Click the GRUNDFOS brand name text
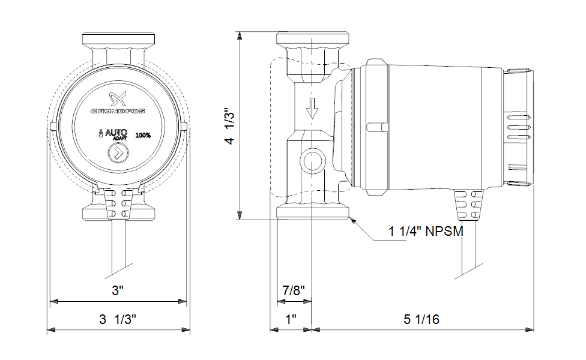(118, 110)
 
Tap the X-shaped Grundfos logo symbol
(118, 99)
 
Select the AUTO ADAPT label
(116, 133)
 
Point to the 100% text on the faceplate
(143, 135)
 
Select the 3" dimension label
(118, 291)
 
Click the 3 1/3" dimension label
(118, 319)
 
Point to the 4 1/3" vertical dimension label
(229, 126)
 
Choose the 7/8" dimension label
(294, 291)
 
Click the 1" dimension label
(291, 319)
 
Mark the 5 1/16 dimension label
(421, 319)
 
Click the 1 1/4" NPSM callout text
(426, 232)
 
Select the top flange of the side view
(312, 40)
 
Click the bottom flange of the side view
(312, 212)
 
